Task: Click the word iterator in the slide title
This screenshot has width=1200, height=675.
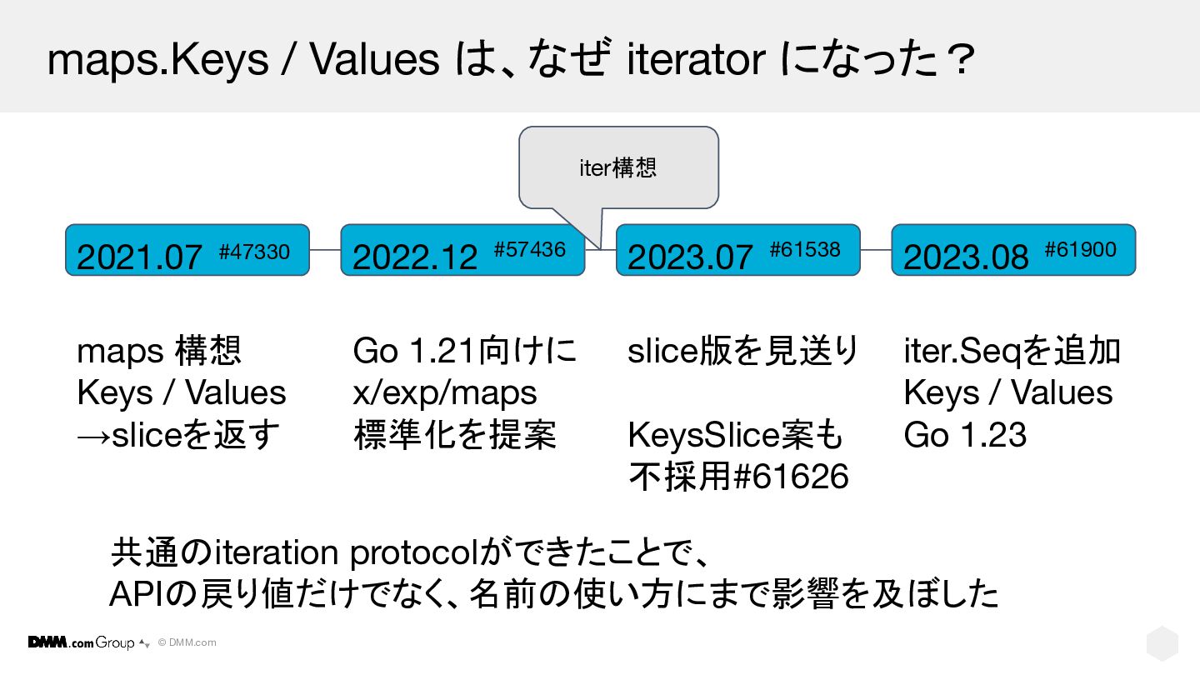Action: pyautogui.click(x=696, y=59)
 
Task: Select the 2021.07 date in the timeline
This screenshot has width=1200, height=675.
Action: pyautogui.click(x=139, y=257)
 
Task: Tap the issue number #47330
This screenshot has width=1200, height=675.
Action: pyautogui.click(x=254, y=252)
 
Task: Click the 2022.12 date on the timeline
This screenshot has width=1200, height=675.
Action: pyautogui.click(x=415, y=257)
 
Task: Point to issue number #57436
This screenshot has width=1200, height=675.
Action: pyautogui.click(x=530, y=250)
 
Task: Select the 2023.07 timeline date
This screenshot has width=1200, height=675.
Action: pyautogui.click(x=690, y=257)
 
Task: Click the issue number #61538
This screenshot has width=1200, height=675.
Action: pyautogui.click(x=805, y=250)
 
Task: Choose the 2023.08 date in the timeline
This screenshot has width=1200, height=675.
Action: pyautogui.click(x=966, y=257)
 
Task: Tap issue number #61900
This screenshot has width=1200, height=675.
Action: pyautogui.click(x=1081, y=250)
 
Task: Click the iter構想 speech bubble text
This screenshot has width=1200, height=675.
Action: pyautogui.click(x=617, y=167)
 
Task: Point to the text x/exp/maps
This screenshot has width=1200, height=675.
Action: pyautogui.click(x=445, y=393)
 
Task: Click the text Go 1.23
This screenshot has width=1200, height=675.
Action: pyautogui.click(x=965, y=434)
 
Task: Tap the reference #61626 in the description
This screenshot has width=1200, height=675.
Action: pyautogui.click(x=791, y=477)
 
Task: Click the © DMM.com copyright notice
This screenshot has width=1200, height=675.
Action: pyautogui.click(x=187, y=642)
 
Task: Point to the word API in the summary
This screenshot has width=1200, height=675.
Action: pyautogui.click(x=134, y=595)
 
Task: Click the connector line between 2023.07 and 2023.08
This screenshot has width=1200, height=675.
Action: pyautogui.click(x=876, y=250)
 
